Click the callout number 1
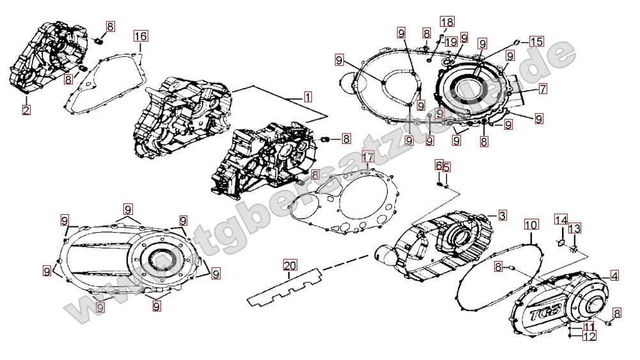coord(308,98)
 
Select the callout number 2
coord(26,110)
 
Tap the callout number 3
coord(503,215)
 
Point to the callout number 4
coord(614,276)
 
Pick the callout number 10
coord(531,225)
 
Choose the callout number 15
coord(536,42)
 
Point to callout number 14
coord(561,221)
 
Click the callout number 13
coord(575,228)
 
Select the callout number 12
coord(588,335)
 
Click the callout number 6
coord(439,166)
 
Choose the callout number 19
coord(451,42)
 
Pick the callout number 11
coord(588,326)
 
